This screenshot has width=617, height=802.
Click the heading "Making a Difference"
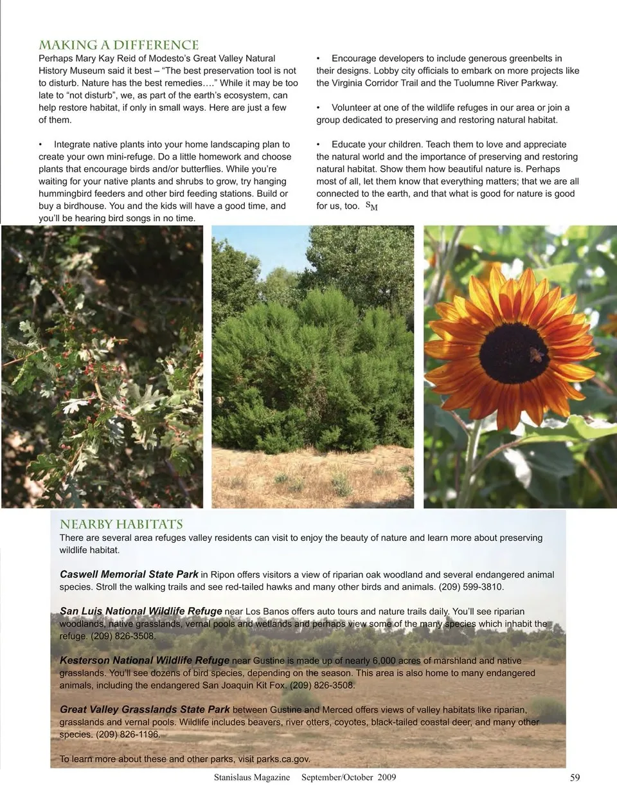[118, 45]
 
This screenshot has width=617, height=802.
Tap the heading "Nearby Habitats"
[121, 524]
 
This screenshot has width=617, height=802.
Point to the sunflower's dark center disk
[513, 352]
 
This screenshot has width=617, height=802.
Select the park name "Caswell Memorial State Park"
[129, 574]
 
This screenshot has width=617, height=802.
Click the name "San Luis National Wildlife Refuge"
[141, 611]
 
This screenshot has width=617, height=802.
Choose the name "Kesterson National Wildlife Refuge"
[144, 660]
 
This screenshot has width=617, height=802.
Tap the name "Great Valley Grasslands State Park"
[145, 709]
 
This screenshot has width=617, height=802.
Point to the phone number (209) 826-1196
[127, 734]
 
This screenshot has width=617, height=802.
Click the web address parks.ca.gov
[283, 759]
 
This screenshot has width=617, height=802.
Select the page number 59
[575, 778]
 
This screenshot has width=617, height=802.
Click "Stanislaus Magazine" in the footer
[252, 778]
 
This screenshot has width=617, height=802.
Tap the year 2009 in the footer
[387, 778]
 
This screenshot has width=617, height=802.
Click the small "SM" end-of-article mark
[371, 206]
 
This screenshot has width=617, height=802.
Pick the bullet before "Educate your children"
[318, 145]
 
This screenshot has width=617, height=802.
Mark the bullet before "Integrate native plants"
[40, 145]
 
